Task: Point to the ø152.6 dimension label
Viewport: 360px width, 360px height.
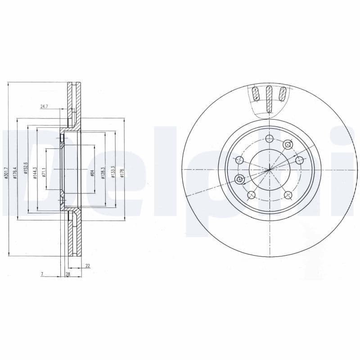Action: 26,168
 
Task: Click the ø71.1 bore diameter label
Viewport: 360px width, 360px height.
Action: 44,171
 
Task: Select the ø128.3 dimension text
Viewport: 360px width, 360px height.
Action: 103,171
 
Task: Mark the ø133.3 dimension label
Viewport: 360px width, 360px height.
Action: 113,171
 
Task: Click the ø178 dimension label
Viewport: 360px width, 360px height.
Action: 122,171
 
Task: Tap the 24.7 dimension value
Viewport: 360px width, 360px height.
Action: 44,107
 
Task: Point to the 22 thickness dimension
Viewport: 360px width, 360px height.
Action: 87,266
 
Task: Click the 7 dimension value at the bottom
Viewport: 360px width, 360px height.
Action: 41,274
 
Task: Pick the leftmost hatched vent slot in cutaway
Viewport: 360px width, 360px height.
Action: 256,94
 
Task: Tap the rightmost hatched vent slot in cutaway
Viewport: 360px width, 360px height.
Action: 283,94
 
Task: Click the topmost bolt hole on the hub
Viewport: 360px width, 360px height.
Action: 269,138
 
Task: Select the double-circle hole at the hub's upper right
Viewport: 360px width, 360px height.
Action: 288,145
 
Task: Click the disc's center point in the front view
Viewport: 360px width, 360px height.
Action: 269,170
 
